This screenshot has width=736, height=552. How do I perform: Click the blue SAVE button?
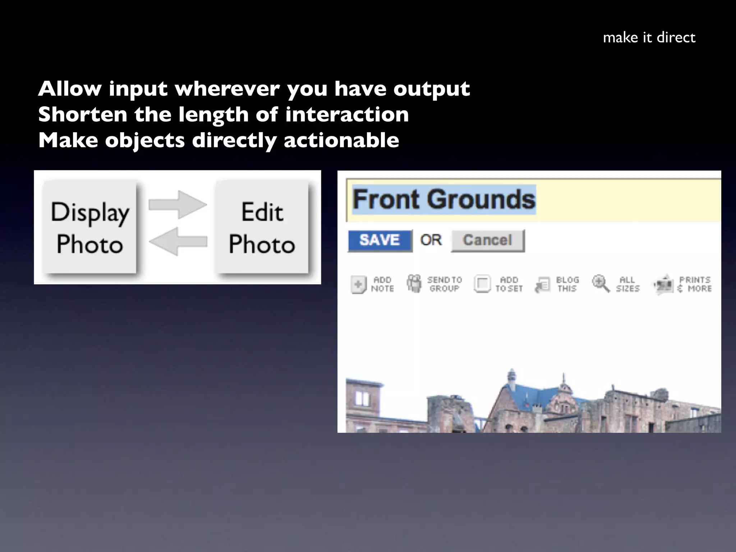pyautogui.click(x=380, y=240)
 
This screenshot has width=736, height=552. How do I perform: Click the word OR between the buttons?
pyautogui.click(x=431, y=240)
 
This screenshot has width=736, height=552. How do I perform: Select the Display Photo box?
pyautogui.click(x=89, y=227)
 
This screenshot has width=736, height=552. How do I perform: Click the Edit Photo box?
pyautogui.click(x=262, y=227)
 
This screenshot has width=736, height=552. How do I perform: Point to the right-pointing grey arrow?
pyautogui.click(x=178, y=204)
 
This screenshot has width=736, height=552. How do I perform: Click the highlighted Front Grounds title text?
pyautogui.click(x=444, y=199)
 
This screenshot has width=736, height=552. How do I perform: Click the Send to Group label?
pyautogui.click(x=445, y=284)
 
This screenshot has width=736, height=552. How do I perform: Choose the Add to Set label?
pyautogui.click(x=509, y=284)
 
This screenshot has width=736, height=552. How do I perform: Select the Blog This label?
pyautogui.click(x=567, y=284)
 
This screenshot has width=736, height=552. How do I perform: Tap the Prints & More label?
pyautogui.click(x=695, y=284)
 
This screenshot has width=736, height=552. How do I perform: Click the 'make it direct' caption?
pyautogui.click(x=649, y=38)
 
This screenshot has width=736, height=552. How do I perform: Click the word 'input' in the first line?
pyautogui.click(x=138, y=89)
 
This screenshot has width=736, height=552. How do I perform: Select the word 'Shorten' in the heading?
pyautogui.click(x=83, y=115)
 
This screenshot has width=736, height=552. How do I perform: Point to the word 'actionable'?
pyautogui.click(x=341, y=140)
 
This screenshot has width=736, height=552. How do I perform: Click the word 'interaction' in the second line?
pyautogui.click(x=347, y=115)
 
